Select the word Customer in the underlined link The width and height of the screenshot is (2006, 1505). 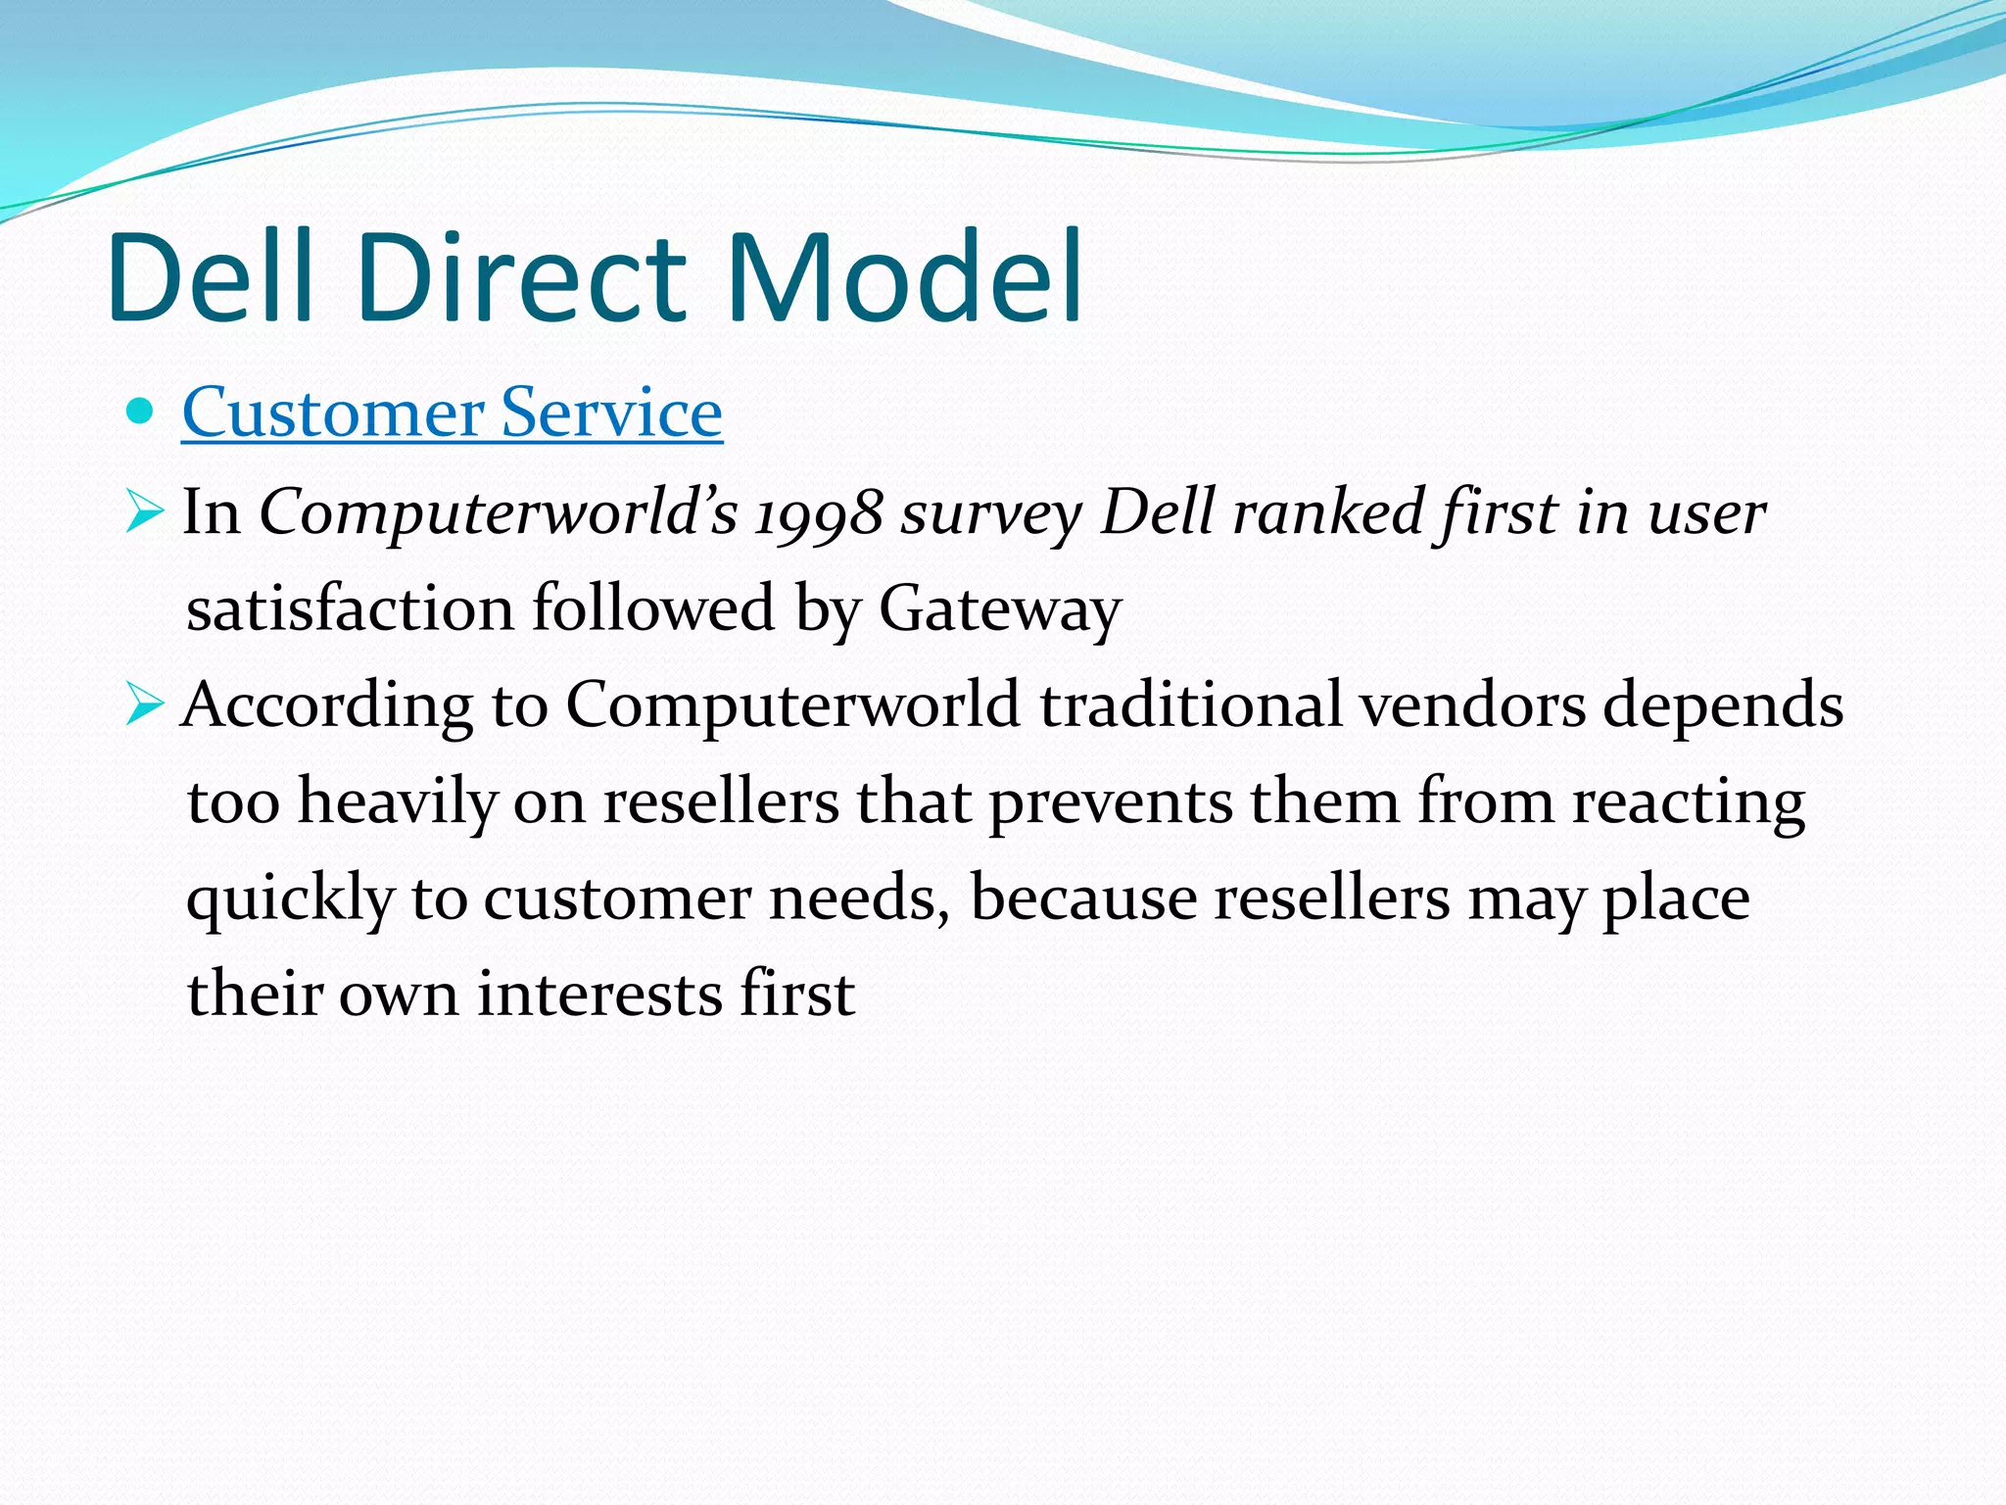(332, 413)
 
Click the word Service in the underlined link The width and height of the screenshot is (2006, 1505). (611, 413)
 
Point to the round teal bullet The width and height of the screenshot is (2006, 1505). (141, 412)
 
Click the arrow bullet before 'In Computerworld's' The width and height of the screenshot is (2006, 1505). (144, 512)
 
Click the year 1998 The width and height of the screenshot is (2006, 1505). (819, 513)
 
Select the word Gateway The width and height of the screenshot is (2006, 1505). (999, 609)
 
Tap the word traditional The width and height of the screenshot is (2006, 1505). (1190, 704)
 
